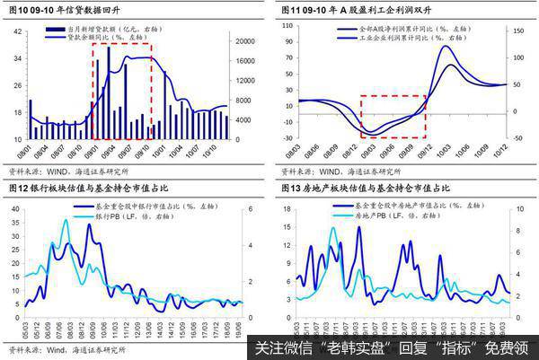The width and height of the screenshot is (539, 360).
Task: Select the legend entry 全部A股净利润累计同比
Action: [x=377, y=30]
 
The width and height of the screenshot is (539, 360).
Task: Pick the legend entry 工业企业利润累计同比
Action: [x=377, y=39]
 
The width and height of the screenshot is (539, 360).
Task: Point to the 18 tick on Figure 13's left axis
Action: [x=289, y=208]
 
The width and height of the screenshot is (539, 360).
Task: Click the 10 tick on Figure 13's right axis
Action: [x=523, y=208]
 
